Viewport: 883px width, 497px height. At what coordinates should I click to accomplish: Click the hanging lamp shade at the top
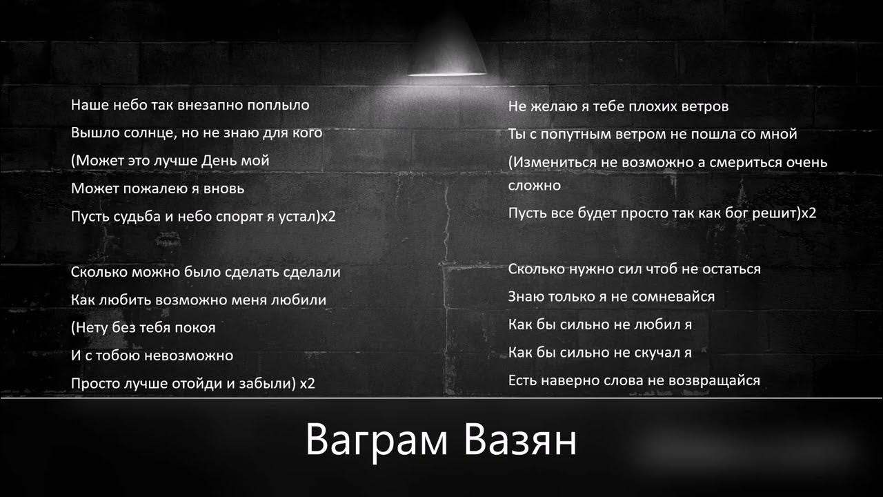click(x=446, y=48)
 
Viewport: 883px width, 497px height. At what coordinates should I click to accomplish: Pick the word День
click(x=219, y=161)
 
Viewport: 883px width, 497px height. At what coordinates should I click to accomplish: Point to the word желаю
click(x=553, y=107)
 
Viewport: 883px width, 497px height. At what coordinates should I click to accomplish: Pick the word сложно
click(x=535, y=186)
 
